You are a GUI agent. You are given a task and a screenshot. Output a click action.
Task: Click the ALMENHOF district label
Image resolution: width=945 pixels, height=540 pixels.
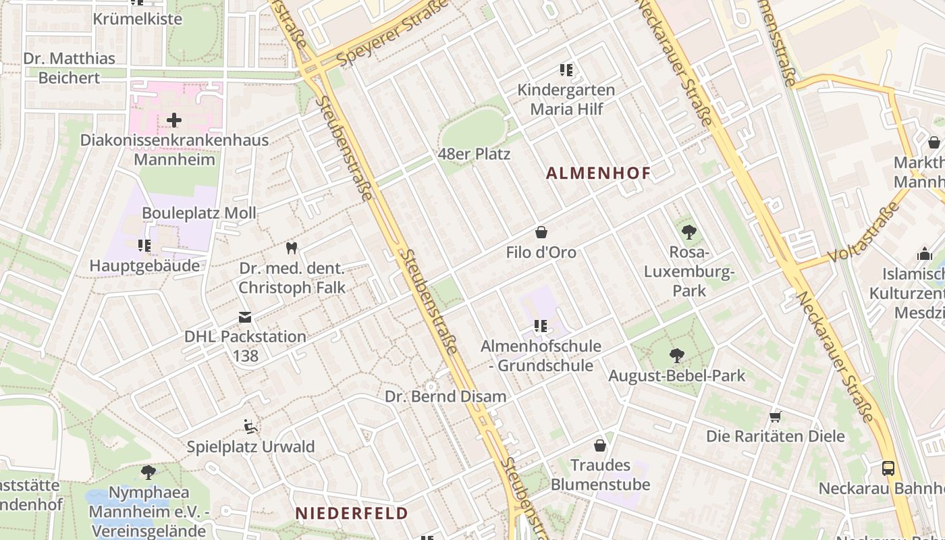coord(598,173)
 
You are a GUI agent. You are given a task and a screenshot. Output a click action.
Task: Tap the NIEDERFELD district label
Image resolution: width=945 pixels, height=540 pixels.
coord(352,513)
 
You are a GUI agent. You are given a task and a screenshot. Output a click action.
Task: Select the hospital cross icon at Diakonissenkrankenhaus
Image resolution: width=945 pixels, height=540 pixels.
coord(174,120)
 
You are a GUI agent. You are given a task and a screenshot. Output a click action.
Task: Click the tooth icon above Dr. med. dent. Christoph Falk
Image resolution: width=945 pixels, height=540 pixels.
coord(292,248)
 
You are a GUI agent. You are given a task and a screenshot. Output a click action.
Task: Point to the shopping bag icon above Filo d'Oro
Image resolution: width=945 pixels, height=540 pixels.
coord(541,232)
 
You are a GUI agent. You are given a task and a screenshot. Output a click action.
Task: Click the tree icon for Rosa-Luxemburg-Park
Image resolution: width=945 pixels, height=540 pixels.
coord(688,232)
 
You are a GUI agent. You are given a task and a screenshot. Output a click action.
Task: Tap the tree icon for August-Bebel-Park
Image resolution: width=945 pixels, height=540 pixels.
coord(676,356)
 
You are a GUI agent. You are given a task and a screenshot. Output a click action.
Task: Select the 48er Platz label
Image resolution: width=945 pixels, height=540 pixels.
coord(474,154)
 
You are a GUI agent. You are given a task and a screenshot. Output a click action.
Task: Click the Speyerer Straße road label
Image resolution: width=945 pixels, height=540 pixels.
coord(393,34)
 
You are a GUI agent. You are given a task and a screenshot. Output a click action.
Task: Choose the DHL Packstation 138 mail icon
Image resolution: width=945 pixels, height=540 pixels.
coord(244,317)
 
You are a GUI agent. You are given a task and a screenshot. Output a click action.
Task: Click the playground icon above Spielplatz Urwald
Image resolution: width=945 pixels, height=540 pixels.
coord(250,427)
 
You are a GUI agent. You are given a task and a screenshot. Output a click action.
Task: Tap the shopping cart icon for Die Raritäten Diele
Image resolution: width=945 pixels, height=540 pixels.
coord(775,416)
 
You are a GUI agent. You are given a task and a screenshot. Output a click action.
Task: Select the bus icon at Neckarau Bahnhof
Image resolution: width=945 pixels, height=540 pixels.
coord(888,468)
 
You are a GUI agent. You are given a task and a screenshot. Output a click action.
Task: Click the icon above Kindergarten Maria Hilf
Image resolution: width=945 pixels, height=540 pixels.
coord(566,70)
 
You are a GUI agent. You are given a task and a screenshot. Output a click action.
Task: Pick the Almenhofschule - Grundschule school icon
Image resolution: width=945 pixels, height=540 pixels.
coord(540,326)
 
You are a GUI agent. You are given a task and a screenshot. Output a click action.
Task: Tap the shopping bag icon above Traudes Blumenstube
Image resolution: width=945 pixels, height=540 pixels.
coord(599,446)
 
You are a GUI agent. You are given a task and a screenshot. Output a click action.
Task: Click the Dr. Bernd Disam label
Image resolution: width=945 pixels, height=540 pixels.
coord(446,396)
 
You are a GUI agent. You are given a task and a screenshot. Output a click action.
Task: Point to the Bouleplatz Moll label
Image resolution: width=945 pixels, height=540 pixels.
coord(198,213)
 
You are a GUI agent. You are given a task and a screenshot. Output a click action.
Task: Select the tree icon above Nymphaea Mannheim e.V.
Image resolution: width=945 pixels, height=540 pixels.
coord(148,472)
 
